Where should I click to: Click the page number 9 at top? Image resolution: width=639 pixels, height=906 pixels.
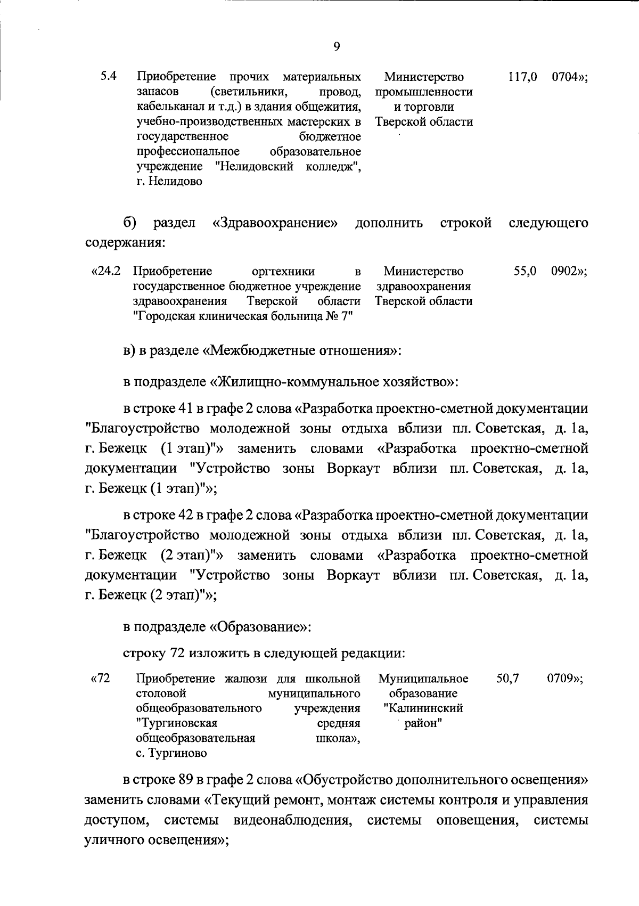point(337,46)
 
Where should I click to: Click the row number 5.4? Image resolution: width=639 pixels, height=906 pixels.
point(109,76)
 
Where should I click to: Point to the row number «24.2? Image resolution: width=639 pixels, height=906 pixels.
point(106,271)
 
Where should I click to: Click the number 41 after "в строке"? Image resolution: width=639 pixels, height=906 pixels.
point(184,409)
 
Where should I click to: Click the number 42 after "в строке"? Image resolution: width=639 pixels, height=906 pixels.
point(184,515)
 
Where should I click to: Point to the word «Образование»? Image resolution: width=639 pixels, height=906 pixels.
point(260,626)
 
